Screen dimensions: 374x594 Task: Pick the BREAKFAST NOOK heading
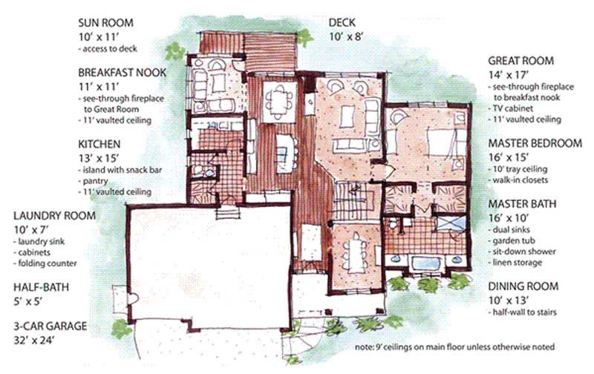122,73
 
